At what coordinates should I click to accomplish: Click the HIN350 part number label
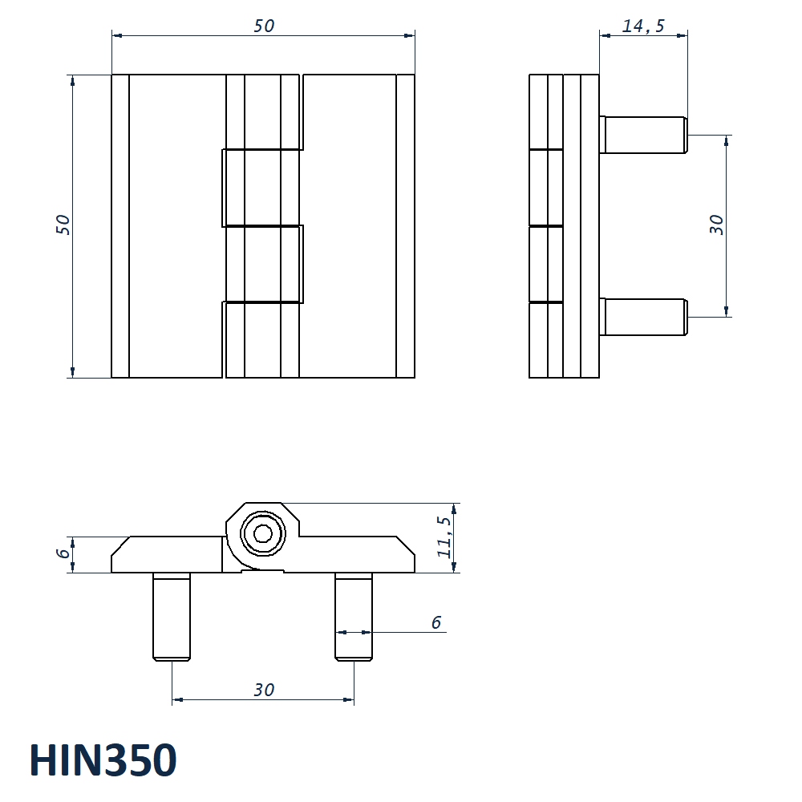pos(103,760)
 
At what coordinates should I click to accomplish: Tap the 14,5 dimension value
pos(643,26)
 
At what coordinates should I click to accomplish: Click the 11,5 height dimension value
pos(444,537)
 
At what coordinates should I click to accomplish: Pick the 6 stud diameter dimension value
pos(435,622)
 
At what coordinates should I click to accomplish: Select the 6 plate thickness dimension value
pos(63,553)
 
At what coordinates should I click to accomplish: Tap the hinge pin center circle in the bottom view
pos(263,534)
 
